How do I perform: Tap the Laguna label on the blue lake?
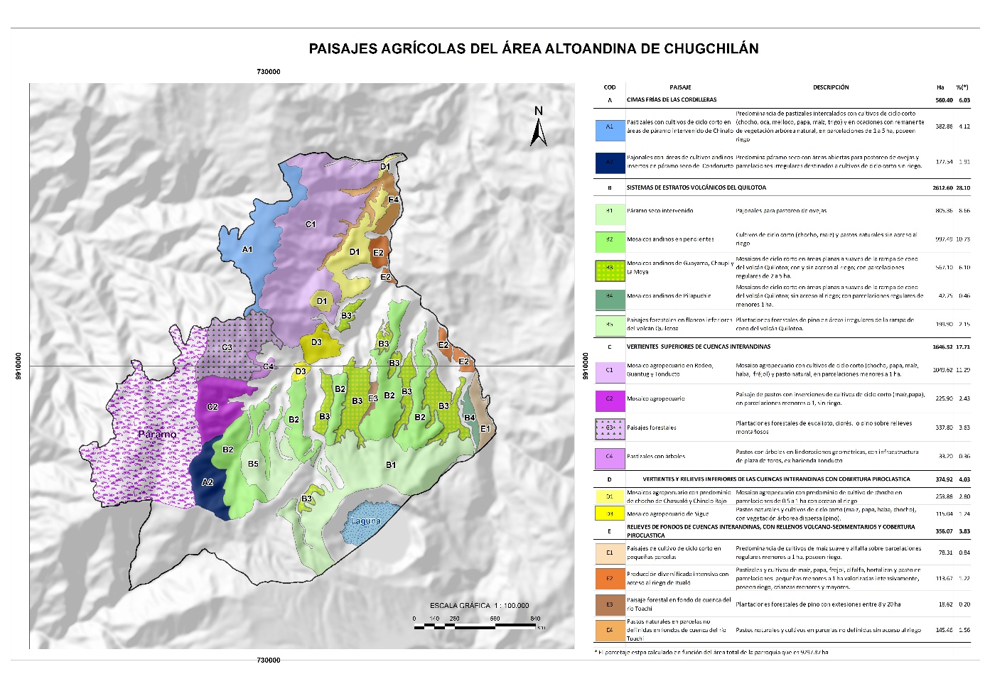coord(365,521)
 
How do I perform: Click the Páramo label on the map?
coord(157,434)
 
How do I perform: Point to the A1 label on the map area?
coord(247,249)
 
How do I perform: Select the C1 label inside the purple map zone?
coord(311,224)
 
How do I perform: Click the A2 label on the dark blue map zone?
coord(208,482)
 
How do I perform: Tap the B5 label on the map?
coord(253,464)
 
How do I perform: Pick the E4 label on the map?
coord(393,200)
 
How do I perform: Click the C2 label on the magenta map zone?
coord(212,407)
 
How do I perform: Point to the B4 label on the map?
coord(469,418)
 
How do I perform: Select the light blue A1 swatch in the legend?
coord(609,127)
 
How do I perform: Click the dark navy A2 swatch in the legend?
coord(609,163)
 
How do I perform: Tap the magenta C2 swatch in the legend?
coord(609,399)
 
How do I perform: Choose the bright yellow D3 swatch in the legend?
coord(609,513)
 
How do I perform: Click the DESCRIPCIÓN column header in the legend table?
coord(831,87)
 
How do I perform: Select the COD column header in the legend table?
coord(609,87)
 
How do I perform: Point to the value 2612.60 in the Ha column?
coord(942,188)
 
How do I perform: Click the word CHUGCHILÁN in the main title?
coord(711,49)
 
